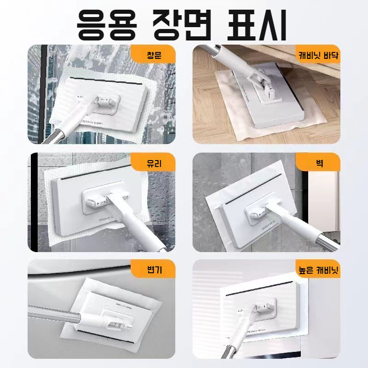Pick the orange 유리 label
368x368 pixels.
tap(154, 162)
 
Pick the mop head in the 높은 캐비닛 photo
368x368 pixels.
tap(262, 308)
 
